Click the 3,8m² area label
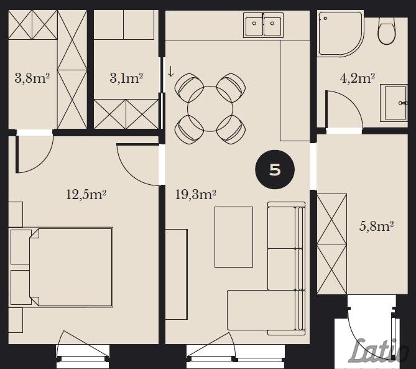pyautogui.click(x=32, y=78)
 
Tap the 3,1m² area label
pyautogui.click(x=126, y=78)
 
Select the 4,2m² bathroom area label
pyautogui.click(x=358, y=78)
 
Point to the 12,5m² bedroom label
pyautogui.click(x=86, y=195)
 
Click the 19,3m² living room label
pyautogui.click(x=195, y=195)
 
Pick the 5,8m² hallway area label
pyautogui.click(x=376, y=227)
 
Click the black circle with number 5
pyautogui.click(x=275, y=169)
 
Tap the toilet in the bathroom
pyautogui.click(x=387, y=31)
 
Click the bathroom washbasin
pyautogui.click(x=394, y=103)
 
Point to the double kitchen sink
pyautogui.click(x=263, y=25)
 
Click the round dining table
pyautogui.click(x=210, y=109)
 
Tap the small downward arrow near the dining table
pyautogui.click(x=171, y=71)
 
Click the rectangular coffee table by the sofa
pyautogui.click(x=234, y=237)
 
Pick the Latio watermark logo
pyautogui.click(x=378, y=351)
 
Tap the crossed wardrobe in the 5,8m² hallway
pyautogui.click(x=332, y=244)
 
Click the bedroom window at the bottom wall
pyautogui.click(x=83, y=357)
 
